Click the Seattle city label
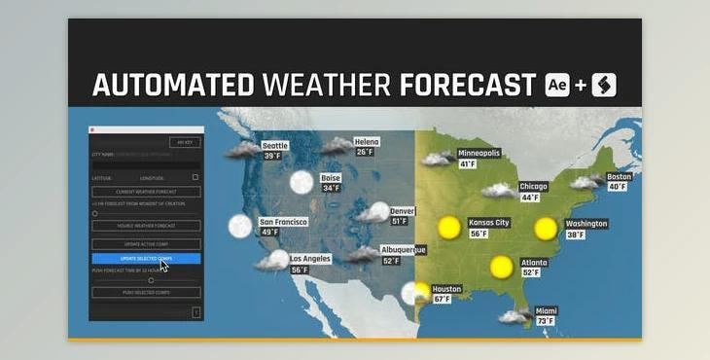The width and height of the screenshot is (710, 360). [x=276, y=146]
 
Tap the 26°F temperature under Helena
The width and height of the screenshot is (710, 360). [x=365, y=152]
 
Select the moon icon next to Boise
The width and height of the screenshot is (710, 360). [x=302, y=182]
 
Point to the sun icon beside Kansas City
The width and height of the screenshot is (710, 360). [x=448, y=228]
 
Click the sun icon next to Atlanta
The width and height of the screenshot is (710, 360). [x=502, y=266]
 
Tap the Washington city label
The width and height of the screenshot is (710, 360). [x=586, y=224]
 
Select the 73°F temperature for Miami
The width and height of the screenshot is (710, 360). [x=545, y=321]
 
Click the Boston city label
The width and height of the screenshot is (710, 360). [x=619, y=177]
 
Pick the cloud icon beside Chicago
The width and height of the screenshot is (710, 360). [x=500, y=192]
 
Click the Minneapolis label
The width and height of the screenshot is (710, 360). [x=479, y=154]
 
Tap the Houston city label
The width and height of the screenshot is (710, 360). [x=447, y=289]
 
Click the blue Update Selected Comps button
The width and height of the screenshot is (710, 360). [x=146, y=259]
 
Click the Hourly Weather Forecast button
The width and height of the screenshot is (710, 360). [x=146, y=226]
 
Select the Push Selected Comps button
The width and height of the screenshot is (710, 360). [x=146, y=292]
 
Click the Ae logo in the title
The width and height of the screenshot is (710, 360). [x=558, y=85]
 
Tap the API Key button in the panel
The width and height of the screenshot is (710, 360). [x=184, y=142]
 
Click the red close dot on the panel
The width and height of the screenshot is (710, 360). [x=92, y=129]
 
